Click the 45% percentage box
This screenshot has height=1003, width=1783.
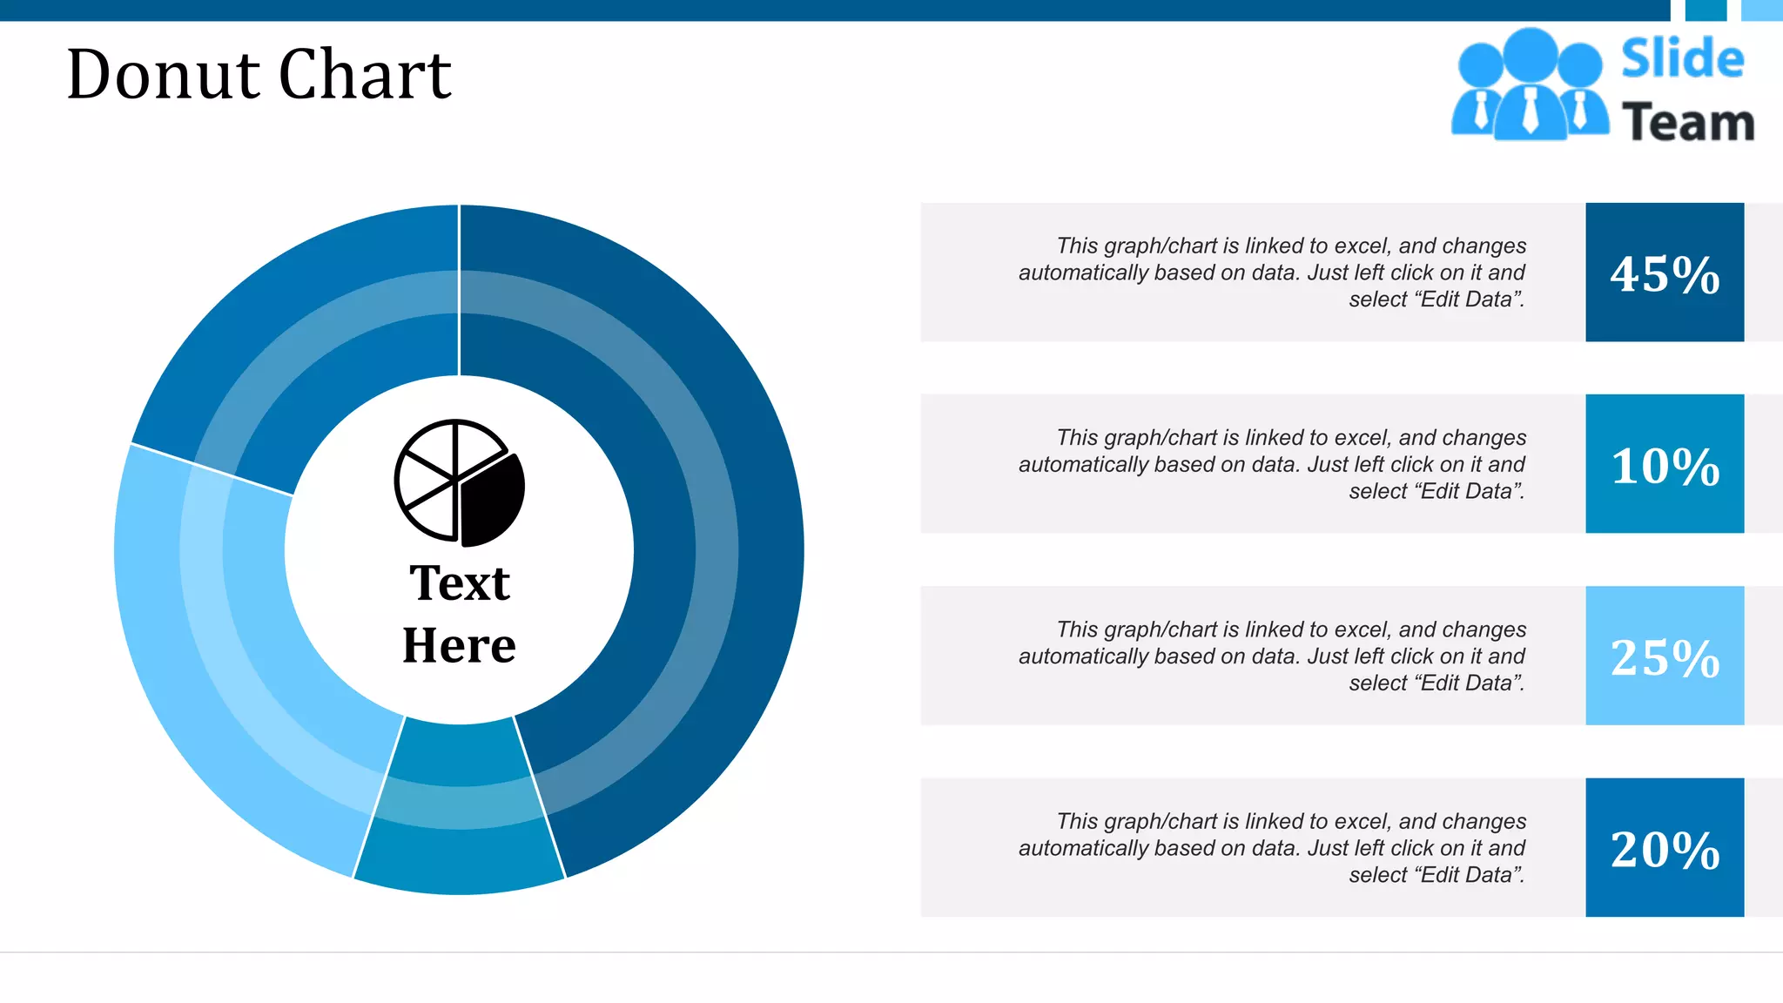(x=1664, y=273)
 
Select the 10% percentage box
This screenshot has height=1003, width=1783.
(x=1664, y=464)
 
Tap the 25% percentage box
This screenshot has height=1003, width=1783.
(x=1664, y=656)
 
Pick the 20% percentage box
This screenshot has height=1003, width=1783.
(x=1664, y=847)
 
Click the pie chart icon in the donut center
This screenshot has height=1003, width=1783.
(x=459, y=483)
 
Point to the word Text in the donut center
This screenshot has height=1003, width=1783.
(x=460, y=582)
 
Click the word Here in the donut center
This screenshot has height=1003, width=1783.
(x=459, y=645)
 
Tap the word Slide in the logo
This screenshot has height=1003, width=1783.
(x=1682, y=59)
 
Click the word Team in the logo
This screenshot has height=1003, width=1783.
(x=1688, y=122)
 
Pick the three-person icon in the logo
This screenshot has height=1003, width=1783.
(x=1530, y=85)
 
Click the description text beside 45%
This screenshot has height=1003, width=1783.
(x=1272, y=273)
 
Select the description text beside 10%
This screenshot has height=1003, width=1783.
(x=1272, y=464)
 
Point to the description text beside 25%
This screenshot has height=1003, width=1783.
(x=1272, y=656)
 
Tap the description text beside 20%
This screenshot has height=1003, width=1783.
(x=1272, y=847)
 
